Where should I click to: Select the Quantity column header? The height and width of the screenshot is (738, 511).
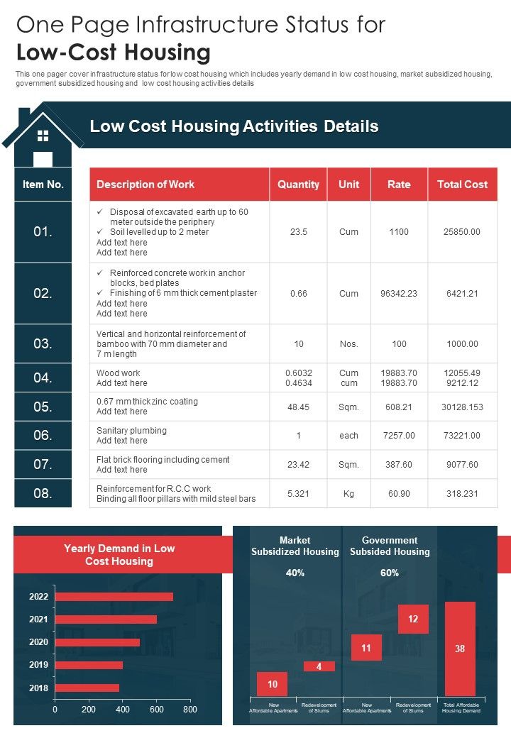298,184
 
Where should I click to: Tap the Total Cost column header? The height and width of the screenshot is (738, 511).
462,184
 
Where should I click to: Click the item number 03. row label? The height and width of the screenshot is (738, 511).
43,344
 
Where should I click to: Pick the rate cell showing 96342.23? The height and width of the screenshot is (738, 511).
399,293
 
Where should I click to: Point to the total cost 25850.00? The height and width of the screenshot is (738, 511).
462,232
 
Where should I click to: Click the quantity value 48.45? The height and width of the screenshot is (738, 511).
298,407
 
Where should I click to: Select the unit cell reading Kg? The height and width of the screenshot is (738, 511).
348,493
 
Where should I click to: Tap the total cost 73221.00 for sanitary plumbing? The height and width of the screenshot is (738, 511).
462,436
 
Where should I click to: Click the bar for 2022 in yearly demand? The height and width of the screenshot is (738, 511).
114,597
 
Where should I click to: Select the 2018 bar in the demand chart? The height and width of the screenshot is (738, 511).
87,688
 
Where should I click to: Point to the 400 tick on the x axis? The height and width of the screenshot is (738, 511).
122,709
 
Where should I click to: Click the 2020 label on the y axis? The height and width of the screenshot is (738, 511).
38,642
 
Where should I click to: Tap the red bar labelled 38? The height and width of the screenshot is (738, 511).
460,649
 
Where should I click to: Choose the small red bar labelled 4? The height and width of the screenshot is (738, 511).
319,666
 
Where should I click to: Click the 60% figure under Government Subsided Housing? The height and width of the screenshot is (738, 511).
390,573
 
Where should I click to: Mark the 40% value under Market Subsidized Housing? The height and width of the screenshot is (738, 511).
295,573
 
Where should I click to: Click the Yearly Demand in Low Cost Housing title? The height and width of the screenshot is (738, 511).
119,555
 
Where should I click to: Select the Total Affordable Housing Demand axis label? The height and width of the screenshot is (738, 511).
462,707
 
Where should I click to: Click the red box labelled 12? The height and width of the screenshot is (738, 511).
413,619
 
